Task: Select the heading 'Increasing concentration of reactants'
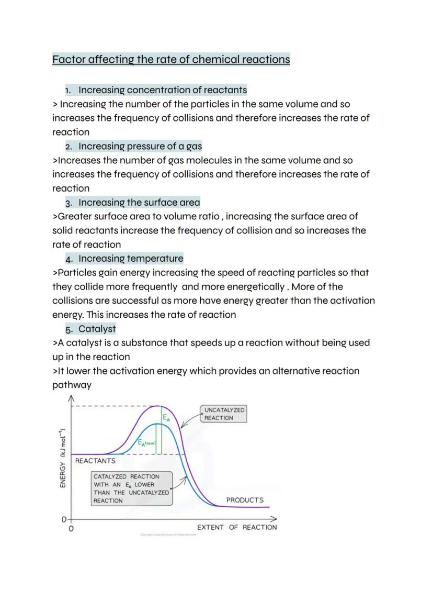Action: point(163,90)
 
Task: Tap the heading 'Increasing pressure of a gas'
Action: point(140,146)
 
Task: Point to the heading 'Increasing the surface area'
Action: point(139,202)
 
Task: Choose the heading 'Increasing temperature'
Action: point(131,258)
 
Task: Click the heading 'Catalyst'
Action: point(97,329)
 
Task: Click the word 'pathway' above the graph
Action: point(72,385)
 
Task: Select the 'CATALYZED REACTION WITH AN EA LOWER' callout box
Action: point(131,488)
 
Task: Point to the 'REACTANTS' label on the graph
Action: point(95,461)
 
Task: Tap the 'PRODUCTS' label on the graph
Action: point(245,500)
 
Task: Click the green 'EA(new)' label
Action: point(147,443)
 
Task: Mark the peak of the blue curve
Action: point(157,424)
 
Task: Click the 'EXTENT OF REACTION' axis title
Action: point(237,527)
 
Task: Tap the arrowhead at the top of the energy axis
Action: point(71,399)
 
